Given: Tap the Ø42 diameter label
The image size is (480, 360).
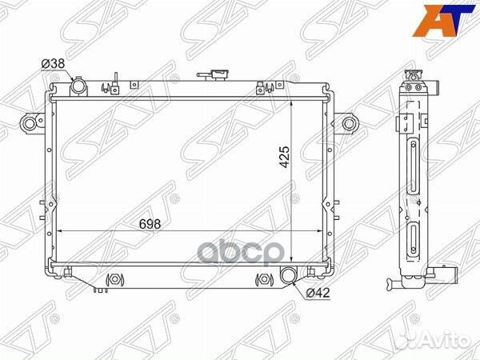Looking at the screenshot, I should (x=318, y=292).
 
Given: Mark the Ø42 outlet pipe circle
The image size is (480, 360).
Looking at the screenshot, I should (x=289, y=277).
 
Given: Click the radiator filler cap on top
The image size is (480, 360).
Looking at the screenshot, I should (x=213, y=76).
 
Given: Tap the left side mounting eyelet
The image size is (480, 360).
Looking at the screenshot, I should (x=30, y=123).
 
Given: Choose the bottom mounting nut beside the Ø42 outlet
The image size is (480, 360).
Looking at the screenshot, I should (x=262, y=280).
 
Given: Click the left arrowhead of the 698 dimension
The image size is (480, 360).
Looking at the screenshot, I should (x=58, y=231).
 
